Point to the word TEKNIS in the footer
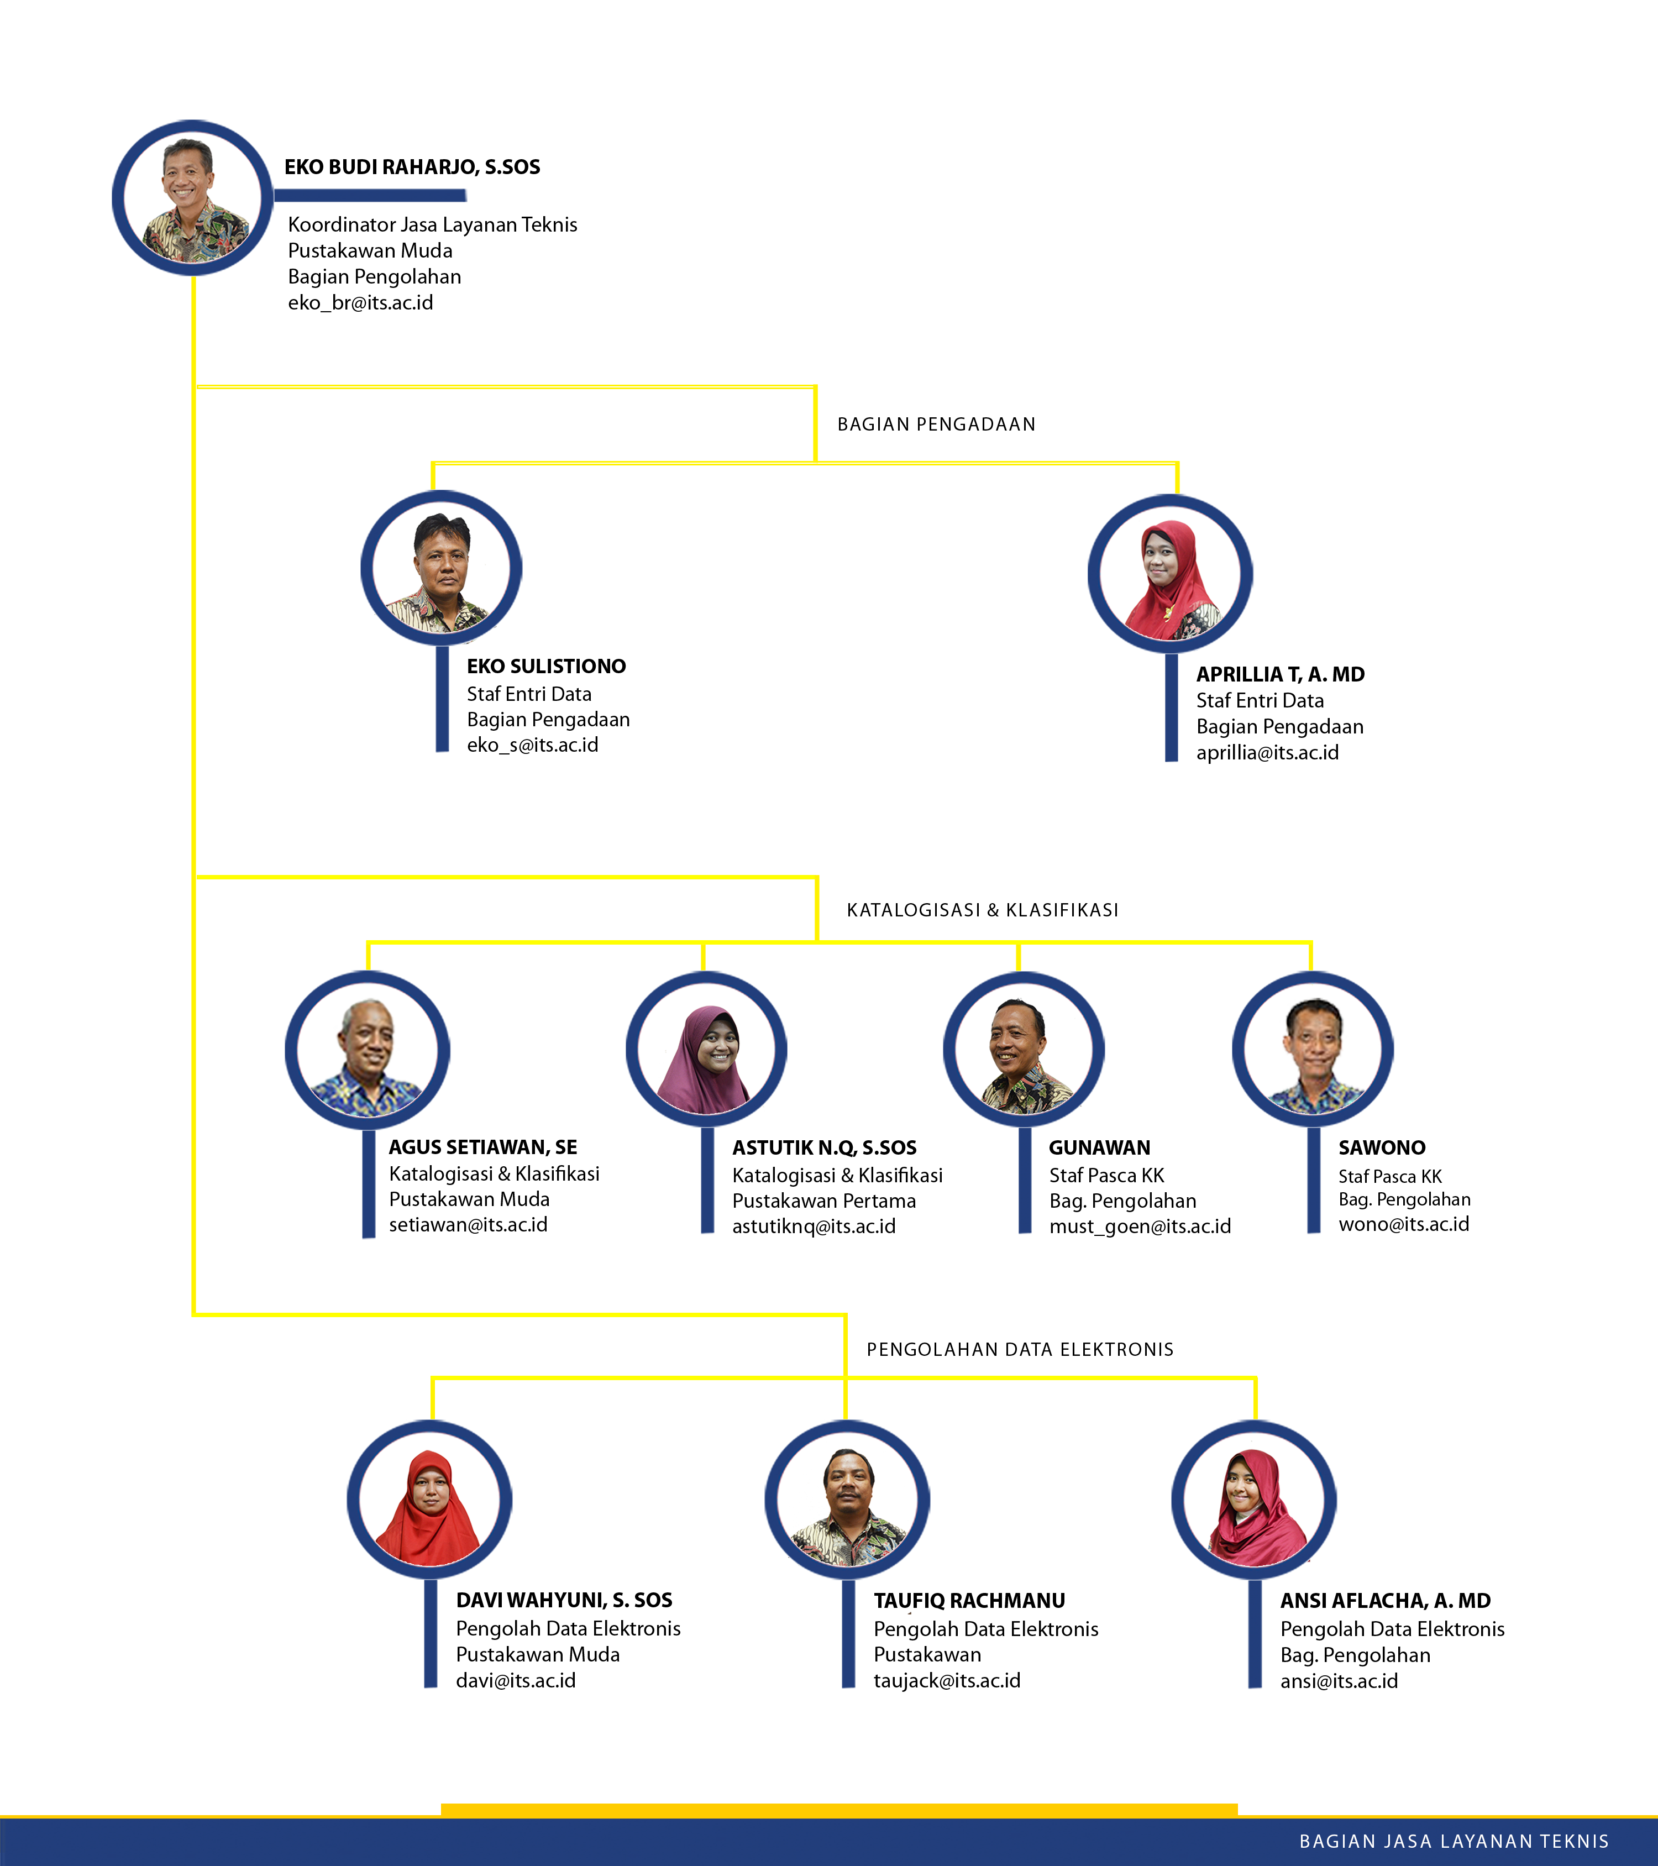pyautogui.click(x=1572, y=1841)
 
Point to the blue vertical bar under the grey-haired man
pyautogui.click(x=369, y=1184)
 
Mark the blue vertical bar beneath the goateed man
pyautogui.click(x=848, y=1634)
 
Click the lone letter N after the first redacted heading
pyautogui.click(x=1029, y=424)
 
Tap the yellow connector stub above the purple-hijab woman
pyautogui.click(x=703, y=956)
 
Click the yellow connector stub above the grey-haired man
pyautogui.click(x=367, y=956)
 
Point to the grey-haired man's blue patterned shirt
pyautogui.click(x=365, y=1096)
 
